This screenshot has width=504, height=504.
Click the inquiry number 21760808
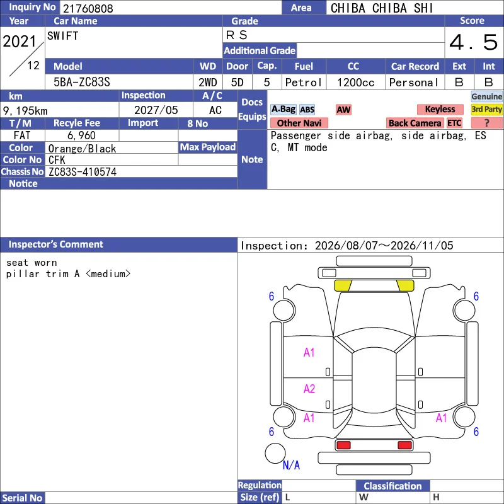coord(88,8)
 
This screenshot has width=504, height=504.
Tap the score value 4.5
coord(474,42)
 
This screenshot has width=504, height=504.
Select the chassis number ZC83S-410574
coord(83,172)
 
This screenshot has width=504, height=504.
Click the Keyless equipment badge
coord(440,109)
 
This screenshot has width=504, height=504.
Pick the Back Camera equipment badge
coord(415,123)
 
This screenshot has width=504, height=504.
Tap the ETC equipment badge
coord(454,123)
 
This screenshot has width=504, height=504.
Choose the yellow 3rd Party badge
coord(486,109)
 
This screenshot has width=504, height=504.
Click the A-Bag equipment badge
coord(283,109)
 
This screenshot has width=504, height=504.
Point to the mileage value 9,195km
coord(25,111)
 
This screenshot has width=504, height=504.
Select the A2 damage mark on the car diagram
coord(309,389)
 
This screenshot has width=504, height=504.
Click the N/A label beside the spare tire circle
coord(291,465)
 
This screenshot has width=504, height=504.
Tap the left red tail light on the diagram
coord(343,445)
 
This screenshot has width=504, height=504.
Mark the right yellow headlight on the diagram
coord(406,285)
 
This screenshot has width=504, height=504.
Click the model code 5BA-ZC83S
coord(82,83)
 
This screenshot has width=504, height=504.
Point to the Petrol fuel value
coord(303,83)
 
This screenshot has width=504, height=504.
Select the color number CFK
coord(57,160)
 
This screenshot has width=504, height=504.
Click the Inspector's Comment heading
coord(56,244)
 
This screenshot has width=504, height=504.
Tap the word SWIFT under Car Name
coord(62,36)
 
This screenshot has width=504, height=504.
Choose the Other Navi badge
coord(299,123)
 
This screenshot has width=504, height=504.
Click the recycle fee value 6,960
coord(81,135)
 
